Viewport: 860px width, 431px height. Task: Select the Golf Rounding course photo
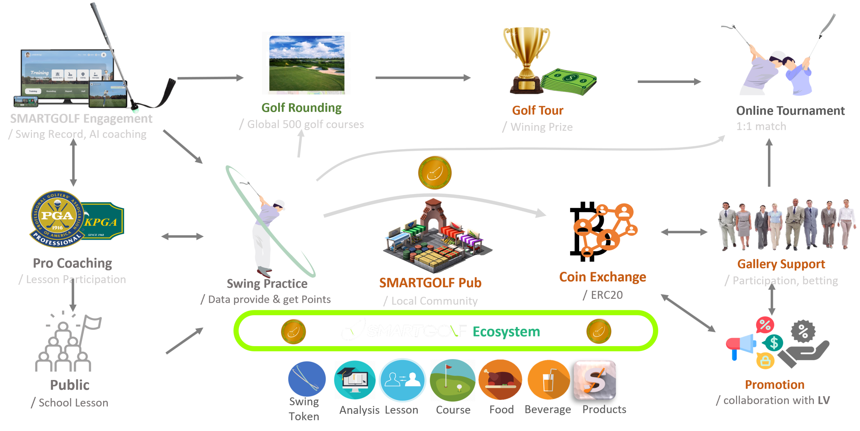pyautogui.click(x=306, y=63)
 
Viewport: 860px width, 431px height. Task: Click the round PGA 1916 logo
pyautogui.click(x=56, y=219)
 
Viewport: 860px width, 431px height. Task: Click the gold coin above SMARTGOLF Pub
pyautogui.click(x=434, y=173)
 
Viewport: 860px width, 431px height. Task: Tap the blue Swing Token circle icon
pyautogui.click(x=307, y=379)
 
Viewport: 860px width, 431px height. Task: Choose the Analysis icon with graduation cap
pyautogui.click(x=355, y=380)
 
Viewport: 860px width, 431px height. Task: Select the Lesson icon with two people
pyautogui.click(x=402, y=380)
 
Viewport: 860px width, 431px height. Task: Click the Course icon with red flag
pyautogui.click(x=453, y=380)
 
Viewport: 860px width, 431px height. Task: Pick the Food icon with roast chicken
pyautogui.click(x=500, y=380)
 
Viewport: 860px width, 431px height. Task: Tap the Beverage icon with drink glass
pyautogui.click(x=548, y=380)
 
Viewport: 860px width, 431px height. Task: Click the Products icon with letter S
pyautogui.click(x=595, y=380)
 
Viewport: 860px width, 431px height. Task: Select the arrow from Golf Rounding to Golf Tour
pyautogui.click(x=423, y=78)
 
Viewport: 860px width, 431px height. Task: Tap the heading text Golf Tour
pyautogui.click(x=537, y=110)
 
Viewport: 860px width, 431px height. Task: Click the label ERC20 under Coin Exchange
pyautogui.click(x=607, y=295)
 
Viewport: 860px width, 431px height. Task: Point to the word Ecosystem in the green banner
pyautogui.click(x=506, y=332)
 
